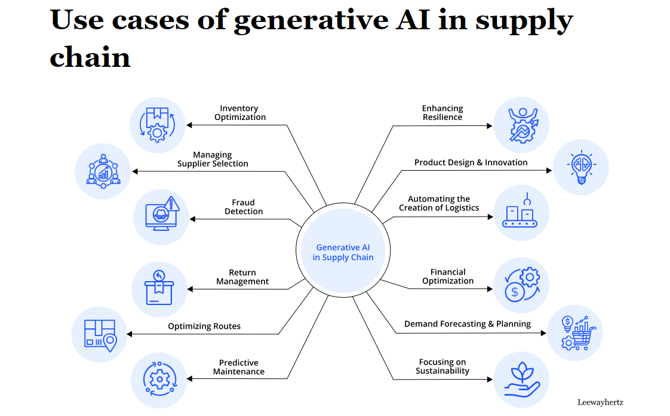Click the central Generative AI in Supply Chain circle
(343, 252)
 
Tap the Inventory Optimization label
(239, 113)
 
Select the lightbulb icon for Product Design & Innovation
(580, 167)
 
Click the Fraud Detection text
(244, 207)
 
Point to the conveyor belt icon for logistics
(520, 213)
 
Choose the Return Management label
(242, 277)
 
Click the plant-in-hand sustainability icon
(521, 380)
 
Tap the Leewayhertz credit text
(600, 402)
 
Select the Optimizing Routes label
(204, 326)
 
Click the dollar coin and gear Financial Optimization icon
(521, 285)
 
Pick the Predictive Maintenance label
(239, 367)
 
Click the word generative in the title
(302, 21)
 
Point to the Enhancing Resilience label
(442, 113)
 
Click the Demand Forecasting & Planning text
(468, 324)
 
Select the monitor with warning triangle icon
(161, 216)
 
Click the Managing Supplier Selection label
(213, 159)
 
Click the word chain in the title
(90, 57)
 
